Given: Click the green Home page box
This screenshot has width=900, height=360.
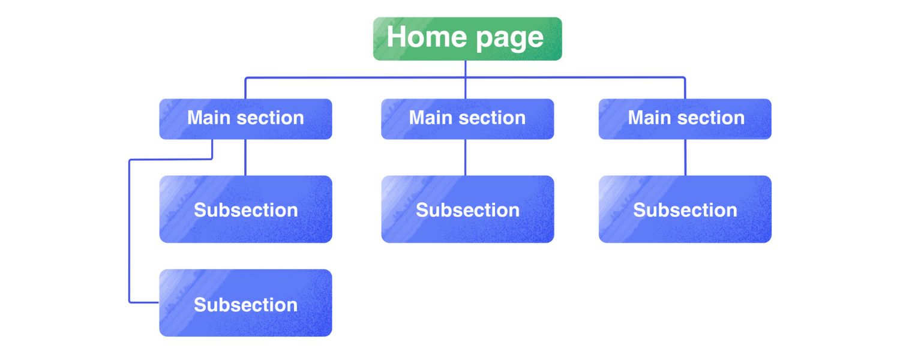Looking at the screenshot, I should [467, 38].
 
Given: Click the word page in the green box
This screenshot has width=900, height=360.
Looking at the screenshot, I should [509, 38].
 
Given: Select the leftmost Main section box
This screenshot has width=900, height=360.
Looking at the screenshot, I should [245, 119].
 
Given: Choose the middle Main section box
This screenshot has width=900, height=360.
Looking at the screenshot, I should [467, 119].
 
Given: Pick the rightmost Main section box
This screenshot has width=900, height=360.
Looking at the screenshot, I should [685, 119].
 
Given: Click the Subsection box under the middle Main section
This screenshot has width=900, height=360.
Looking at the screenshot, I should [467, 209].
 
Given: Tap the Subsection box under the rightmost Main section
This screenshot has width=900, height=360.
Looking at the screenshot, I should [685, 209].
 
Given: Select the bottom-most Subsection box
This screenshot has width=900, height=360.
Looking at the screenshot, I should [245, 303].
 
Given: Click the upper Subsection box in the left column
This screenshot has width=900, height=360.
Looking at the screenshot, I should [245, 209].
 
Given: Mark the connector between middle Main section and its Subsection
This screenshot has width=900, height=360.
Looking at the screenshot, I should [465, 157].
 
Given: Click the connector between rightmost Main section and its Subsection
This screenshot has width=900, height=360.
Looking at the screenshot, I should [685, 157].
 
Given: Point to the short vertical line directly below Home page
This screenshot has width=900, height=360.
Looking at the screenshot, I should [466, 68].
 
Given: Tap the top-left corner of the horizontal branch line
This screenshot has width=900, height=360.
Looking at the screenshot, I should [245, 78].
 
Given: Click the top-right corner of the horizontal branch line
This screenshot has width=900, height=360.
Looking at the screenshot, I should [684, 78].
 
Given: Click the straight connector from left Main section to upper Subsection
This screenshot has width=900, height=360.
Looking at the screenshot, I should [245, 157].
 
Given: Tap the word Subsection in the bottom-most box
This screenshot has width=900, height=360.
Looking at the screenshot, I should [245, 305].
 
